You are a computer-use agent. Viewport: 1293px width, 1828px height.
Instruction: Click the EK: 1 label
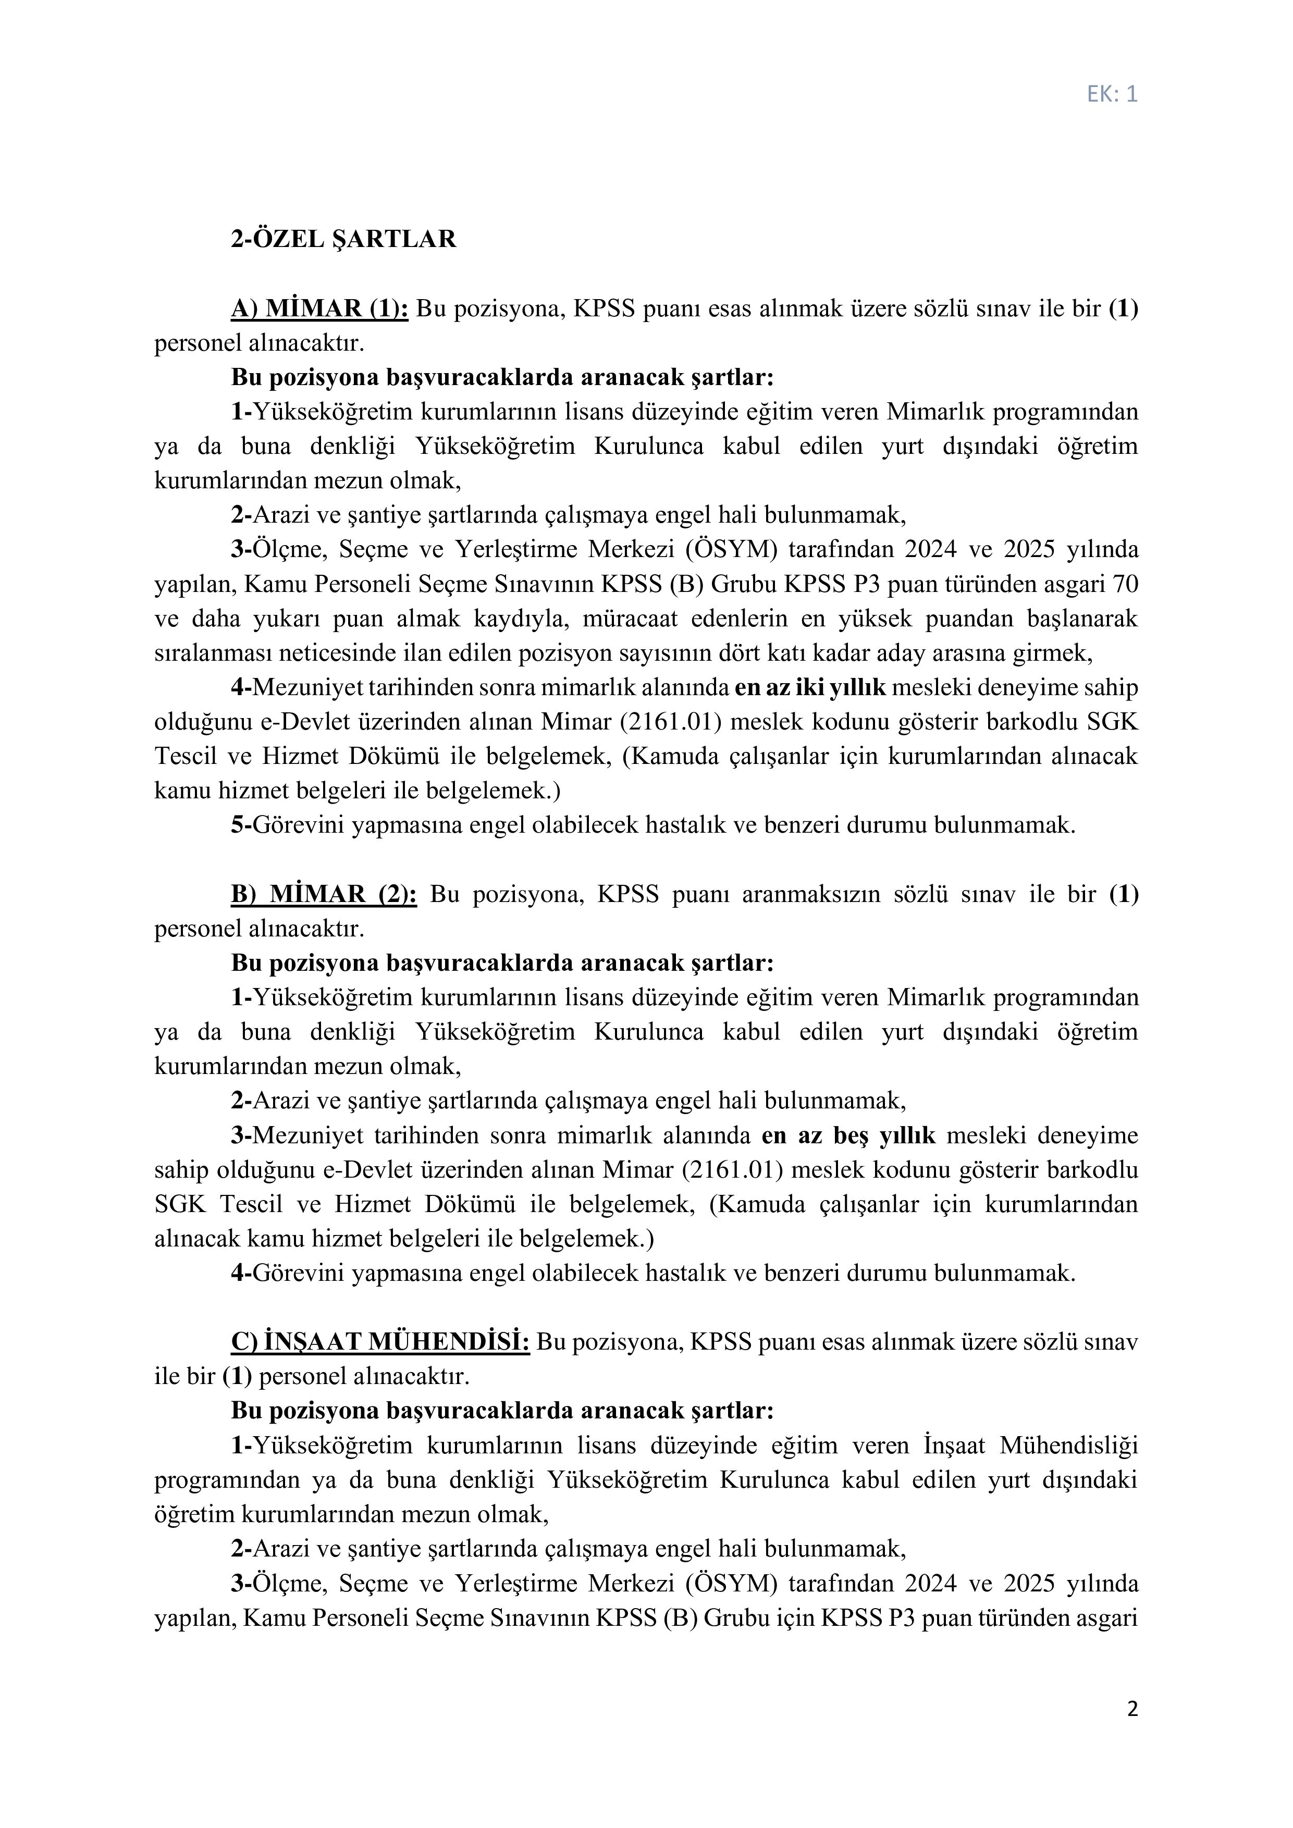tap(1112, 95)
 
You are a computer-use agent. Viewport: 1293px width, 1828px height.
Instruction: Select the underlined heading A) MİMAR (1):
tap(319, 309)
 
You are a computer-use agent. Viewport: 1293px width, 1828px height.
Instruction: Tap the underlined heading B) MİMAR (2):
tap(323, 894)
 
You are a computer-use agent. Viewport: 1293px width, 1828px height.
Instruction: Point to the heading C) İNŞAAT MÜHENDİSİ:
tap(380, 1342)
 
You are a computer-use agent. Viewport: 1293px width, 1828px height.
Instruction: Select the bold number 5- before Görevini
tap(241, 825)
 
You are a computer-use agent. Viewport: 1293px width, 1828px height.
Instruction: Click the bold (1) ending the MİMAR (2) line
tap(1124, 894)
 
